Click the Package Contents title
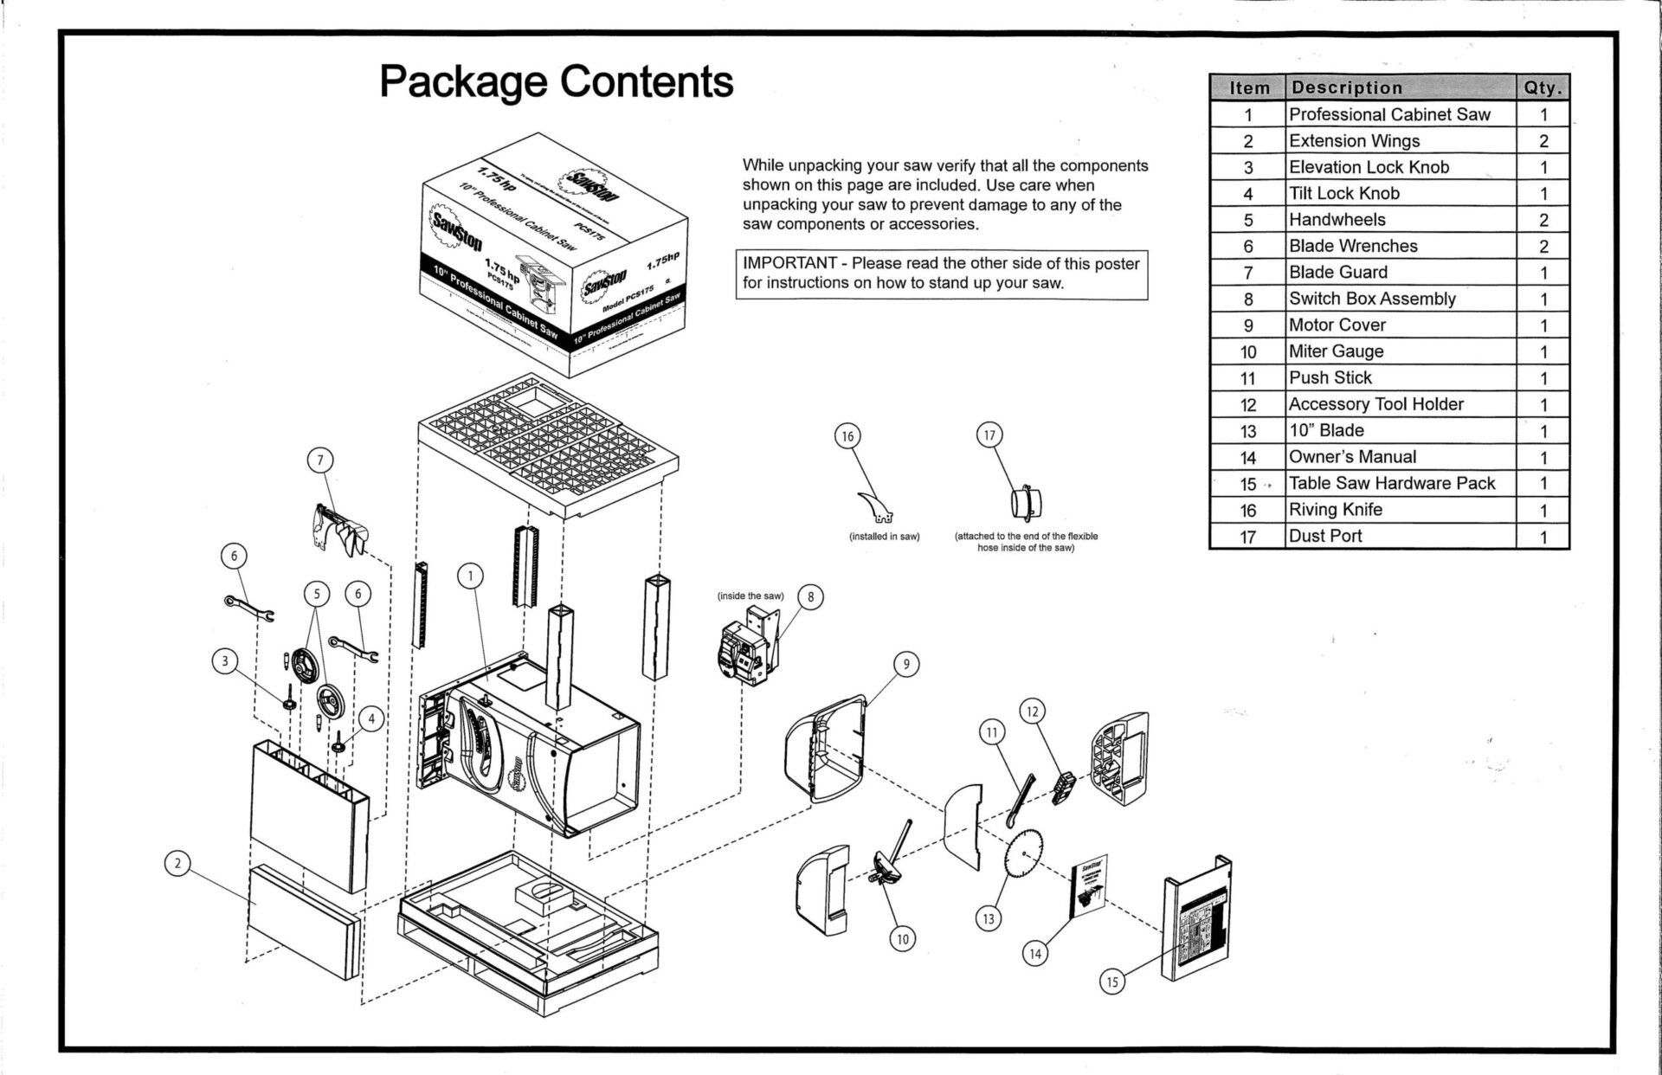(556, 82)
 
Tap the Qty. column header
(1542, 87)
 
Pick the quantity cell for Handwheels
(1543, 220)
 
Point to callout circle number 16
(847, 436)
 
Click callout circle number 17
(989, 435)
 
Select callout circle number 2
(177, 863)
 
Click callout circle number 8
(810, 597)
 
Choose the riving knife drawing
(877, 506)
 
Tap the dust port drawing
(1026, 502)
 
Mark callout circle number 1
(470, 576)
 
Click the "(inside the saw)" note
(750, 596)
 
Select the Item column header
(1249, 87)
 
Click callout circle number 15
(1112, 982)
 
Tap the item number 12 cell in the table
(1247, 405)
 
